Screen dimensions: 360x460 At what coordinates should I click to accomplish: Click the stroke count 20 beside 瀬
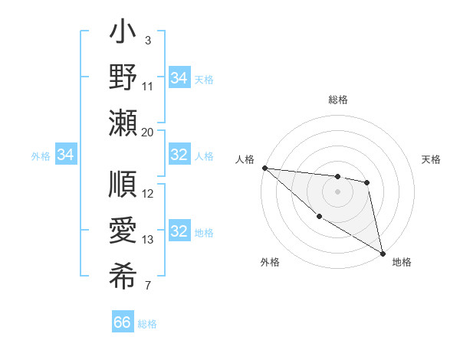pos(148,133)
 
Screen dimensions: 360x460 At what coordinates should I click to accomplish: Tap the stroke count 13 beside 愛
pos(148,240)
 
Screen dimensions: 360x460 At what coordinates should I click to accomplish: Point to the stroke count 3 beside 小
pos(147,39)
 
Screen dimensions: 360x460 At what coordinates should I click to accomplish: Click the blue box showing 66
pos(123,322)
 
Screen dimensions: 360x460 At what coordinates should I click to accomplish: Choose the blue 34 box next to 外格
pos(66,155)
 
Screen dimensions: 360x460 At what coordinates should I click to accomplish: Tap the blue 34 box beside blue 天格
pos(179,77)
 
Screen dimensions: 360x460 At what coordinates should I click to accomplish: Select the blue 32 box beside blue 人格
pos(179,155)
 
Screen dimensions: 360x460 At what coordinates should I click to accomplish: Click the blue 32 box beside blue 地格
pos(179,231)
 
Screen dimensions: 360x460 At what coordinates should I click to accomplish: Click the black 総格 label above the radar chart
pos(337,100)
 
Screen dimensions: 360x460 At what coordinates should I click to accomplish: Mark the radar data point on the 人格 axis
pos(264,168)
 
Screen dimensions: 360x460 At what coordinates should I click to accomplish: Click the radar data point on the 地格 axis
pos(383,253)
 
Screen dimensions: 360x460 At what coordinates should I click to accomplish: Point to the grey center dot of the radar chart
pos(337,191)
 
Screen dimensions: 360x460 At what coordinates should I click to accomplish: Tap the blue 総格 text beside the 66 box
pos(147,324)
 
